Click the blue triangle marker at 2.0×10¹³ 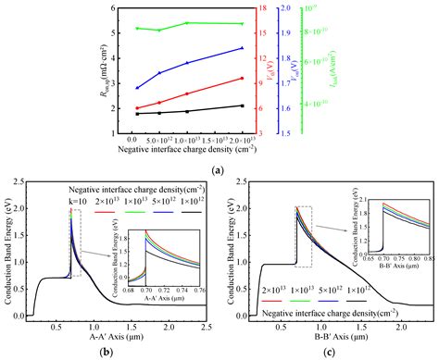tap(242, 48)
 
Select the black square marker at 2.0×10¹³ tap(242, 106)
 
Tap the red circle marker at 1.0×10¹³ tap(188, 93)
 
